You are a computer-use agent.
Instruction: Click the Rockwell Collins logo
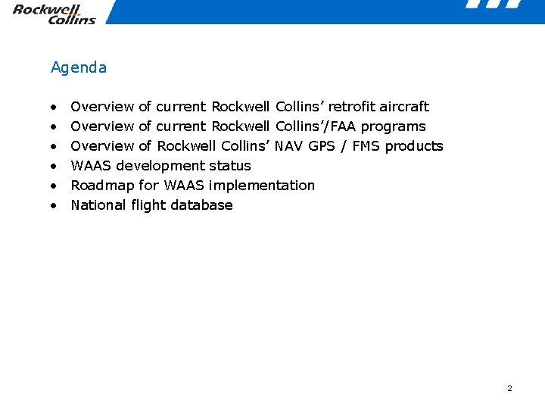pyautogui.click(x=54, y=14)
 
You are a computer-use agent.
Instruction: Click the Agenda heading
pyautogui.click(x=79, y=67)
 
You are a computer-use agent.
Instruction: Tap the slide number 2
pyautogui.click(x=509, y=389)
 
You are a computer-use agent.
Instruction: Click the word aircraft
pyautogui.click(x=404, y=107)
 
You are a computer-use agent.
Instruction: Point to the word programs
pyautogui.click(x=393, y=126)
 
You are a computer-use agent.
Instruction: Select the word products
pyautogui.click(x=414, y=146)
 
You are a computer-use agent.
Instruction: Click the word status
pyautogui.click(x=229, y=166)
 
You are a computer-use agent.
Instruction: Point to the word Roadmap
pyautogui.click(x=102, y=186)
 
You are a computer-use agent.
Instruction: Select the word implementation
pyautogui.click(x=261, y=186)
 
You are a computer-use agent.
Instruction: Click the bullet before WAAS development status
pyautogui.click(x=54, y=166)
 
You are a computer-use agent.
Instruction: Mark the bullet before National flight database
pyautogui.click(x=54, y=205)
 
